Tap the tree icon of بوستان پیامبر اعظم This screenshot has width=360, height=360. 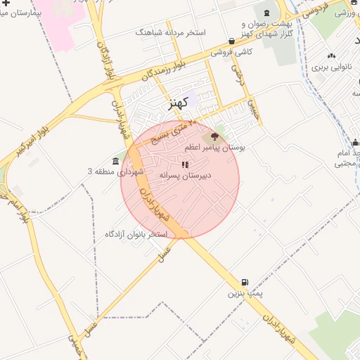214,137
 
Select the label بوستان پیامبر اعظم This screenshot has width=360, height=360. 214,148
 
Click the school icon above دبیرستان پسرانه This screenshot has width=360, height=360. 185,165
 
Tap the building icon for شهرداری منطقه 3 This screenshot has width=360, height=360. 116,161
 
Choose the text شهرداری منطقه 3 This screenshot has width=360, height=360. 115,172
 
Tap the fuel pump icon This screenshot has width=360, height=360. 245,282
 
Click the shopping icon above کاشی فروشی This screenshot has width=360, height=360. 232,41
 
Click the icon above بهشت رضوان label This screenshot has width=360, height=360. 266,13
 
